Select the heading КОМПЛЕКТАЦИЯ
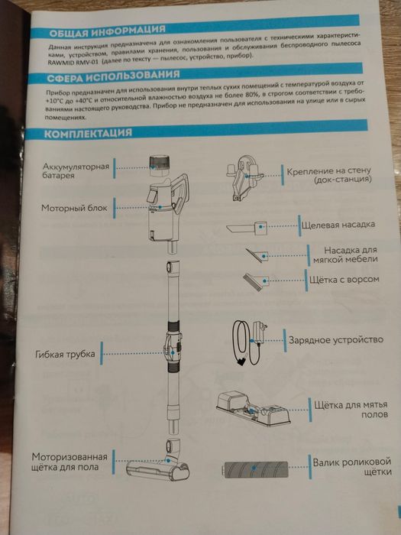coord(89,134)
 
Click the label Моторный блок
coord(79,207)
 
